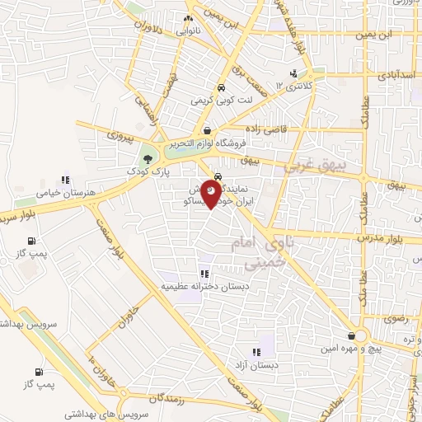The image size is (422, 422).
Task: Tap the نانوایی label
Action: coord(188,30)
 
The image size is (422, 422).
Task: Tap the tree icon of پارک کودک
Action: coord(147,158)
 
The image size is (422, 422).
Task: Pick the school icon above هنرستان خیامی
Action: coord(64,180)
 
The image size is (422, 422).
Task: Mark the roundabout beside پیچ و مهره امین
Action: coord(359,336)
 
